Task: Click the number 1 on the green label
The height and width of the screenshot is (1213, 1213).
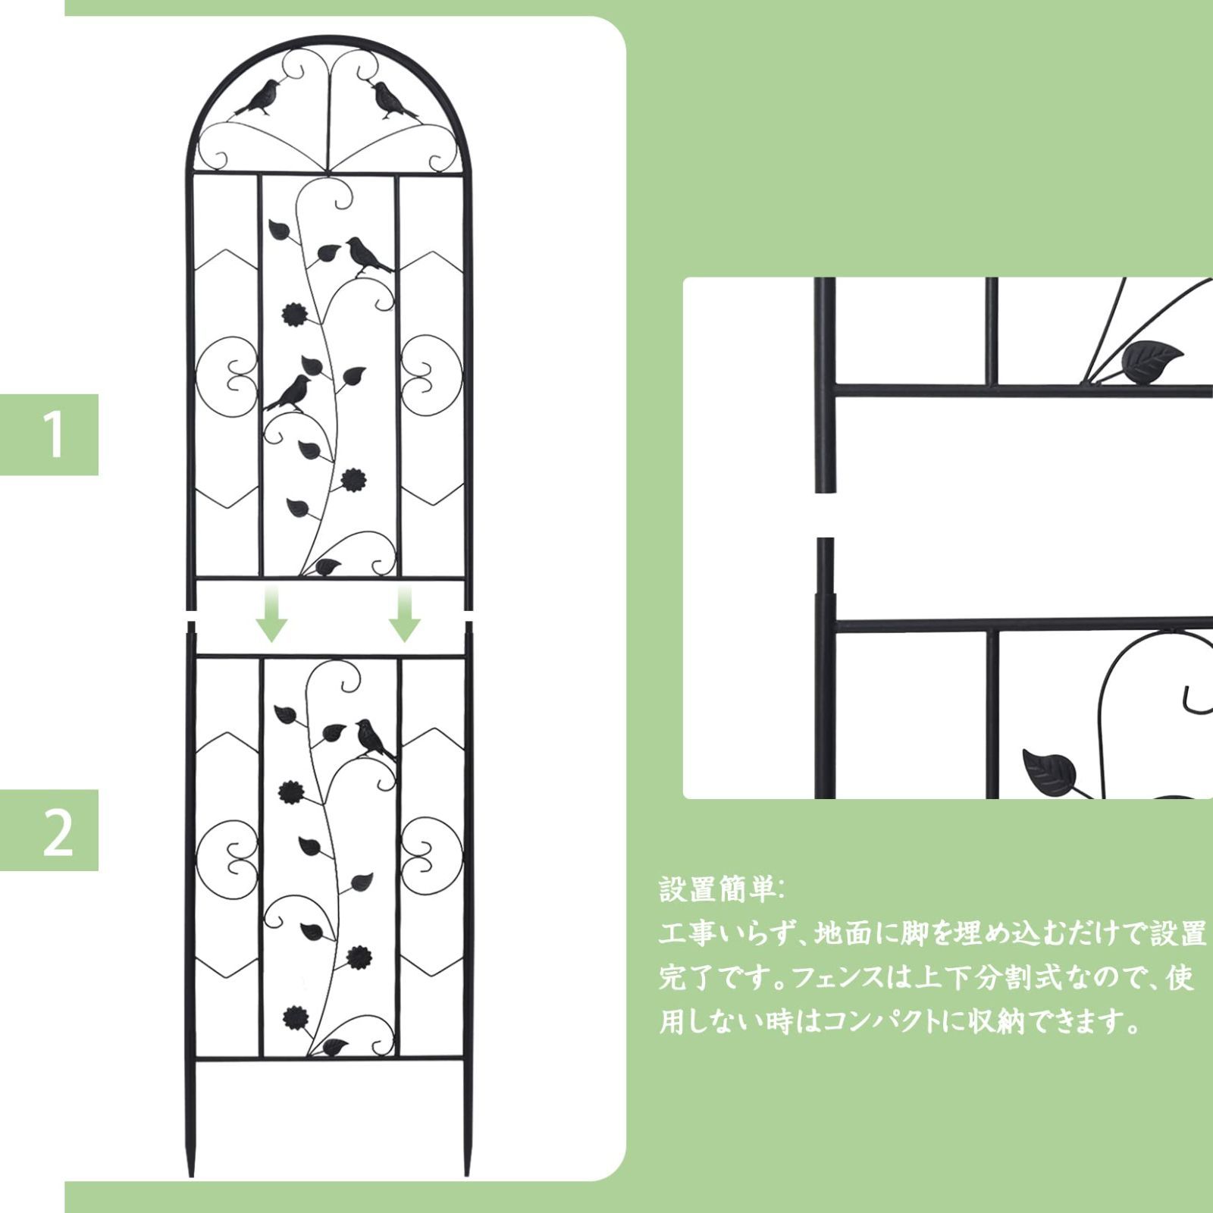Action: pyautogui.click(x=54, y=434)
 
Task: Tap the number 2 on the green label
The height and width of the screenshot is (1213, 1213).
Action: pyautogui.click(x=57, y=831)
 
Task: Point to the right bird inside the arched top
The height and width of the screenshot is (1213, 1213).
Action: pyautogui.click(x=393, y=99)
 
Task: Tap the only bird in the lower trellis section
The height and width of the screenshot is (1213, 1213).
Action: pyautogui.click(x=374, y=738)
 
